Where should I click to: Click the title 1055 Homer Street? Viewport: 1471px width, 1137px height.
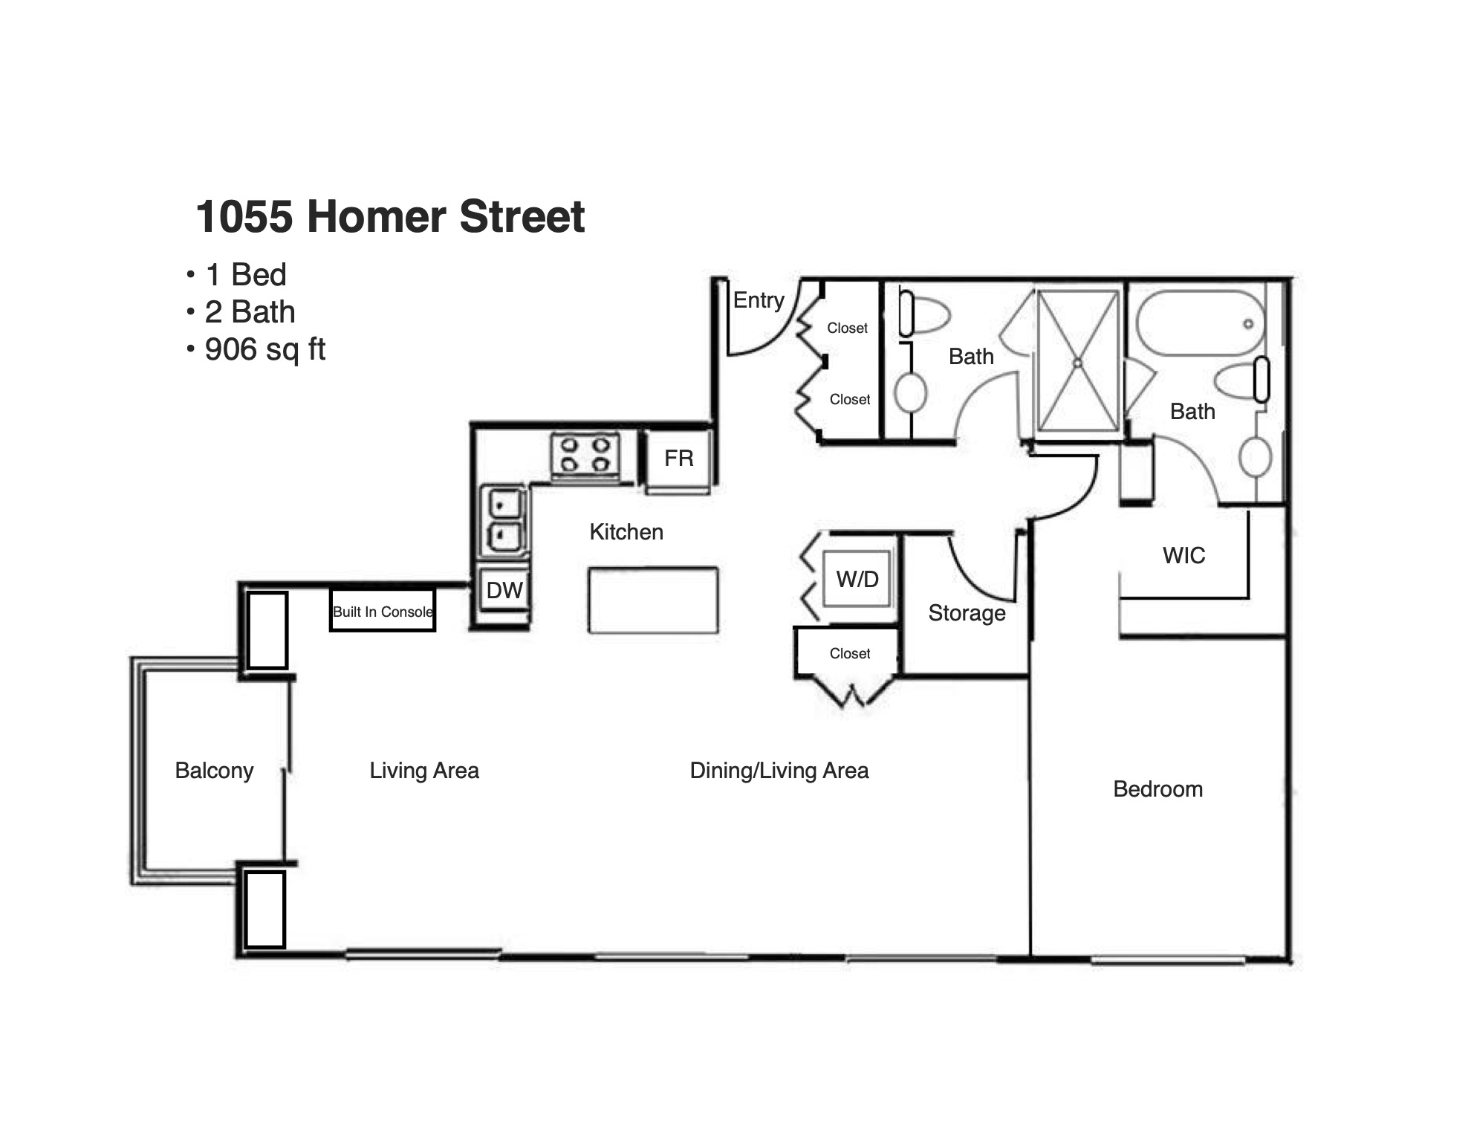click(x=390, y=216)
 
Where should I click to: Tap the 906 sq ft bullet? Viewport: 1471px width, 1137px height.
click(x=256, y=349)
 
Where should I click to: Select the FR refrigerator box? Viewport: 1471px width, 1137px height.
click(x=678, y=460)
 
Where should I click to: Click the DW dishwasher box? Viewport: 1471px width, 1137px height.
click(x=504, y=590)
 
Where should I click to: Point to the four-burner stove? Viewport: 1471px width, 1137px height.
click(x=585, y=455)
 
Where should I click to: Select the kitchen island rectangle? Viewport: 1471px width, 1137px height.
click(x=653, y=600)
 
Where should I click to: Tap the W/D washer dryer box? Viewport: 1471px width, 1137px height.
click(x=857, y=579)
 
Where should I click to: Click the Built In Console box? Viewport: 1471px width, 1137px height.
click(x=383, y=611)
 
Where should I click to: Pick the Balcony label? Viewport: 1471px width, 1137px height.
click(x=214, y=771)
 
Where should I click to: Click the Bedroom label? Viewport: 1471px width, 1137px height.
click(x=1157, y=789)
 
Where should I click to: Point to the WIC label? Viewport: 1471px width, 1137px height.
click(x=1183, y=555)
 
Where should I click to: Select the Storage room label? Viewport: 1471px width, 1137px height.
click(x=967, y=613)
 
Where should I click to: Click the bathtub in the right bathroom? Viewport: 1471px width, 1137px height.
click(x=1201, y=323)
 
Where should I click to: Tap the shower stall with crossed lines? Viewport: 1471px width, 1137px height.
click(x=1078, y=361)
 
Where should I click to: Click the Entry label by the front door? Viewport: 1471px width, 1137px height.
click(x=759, y=300)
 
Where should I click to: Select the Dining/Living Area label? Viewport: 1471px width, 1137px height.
click(x=779, y=771)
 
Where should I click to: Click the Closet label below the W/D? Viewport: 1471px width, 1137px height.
click(x=849, y=653)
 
